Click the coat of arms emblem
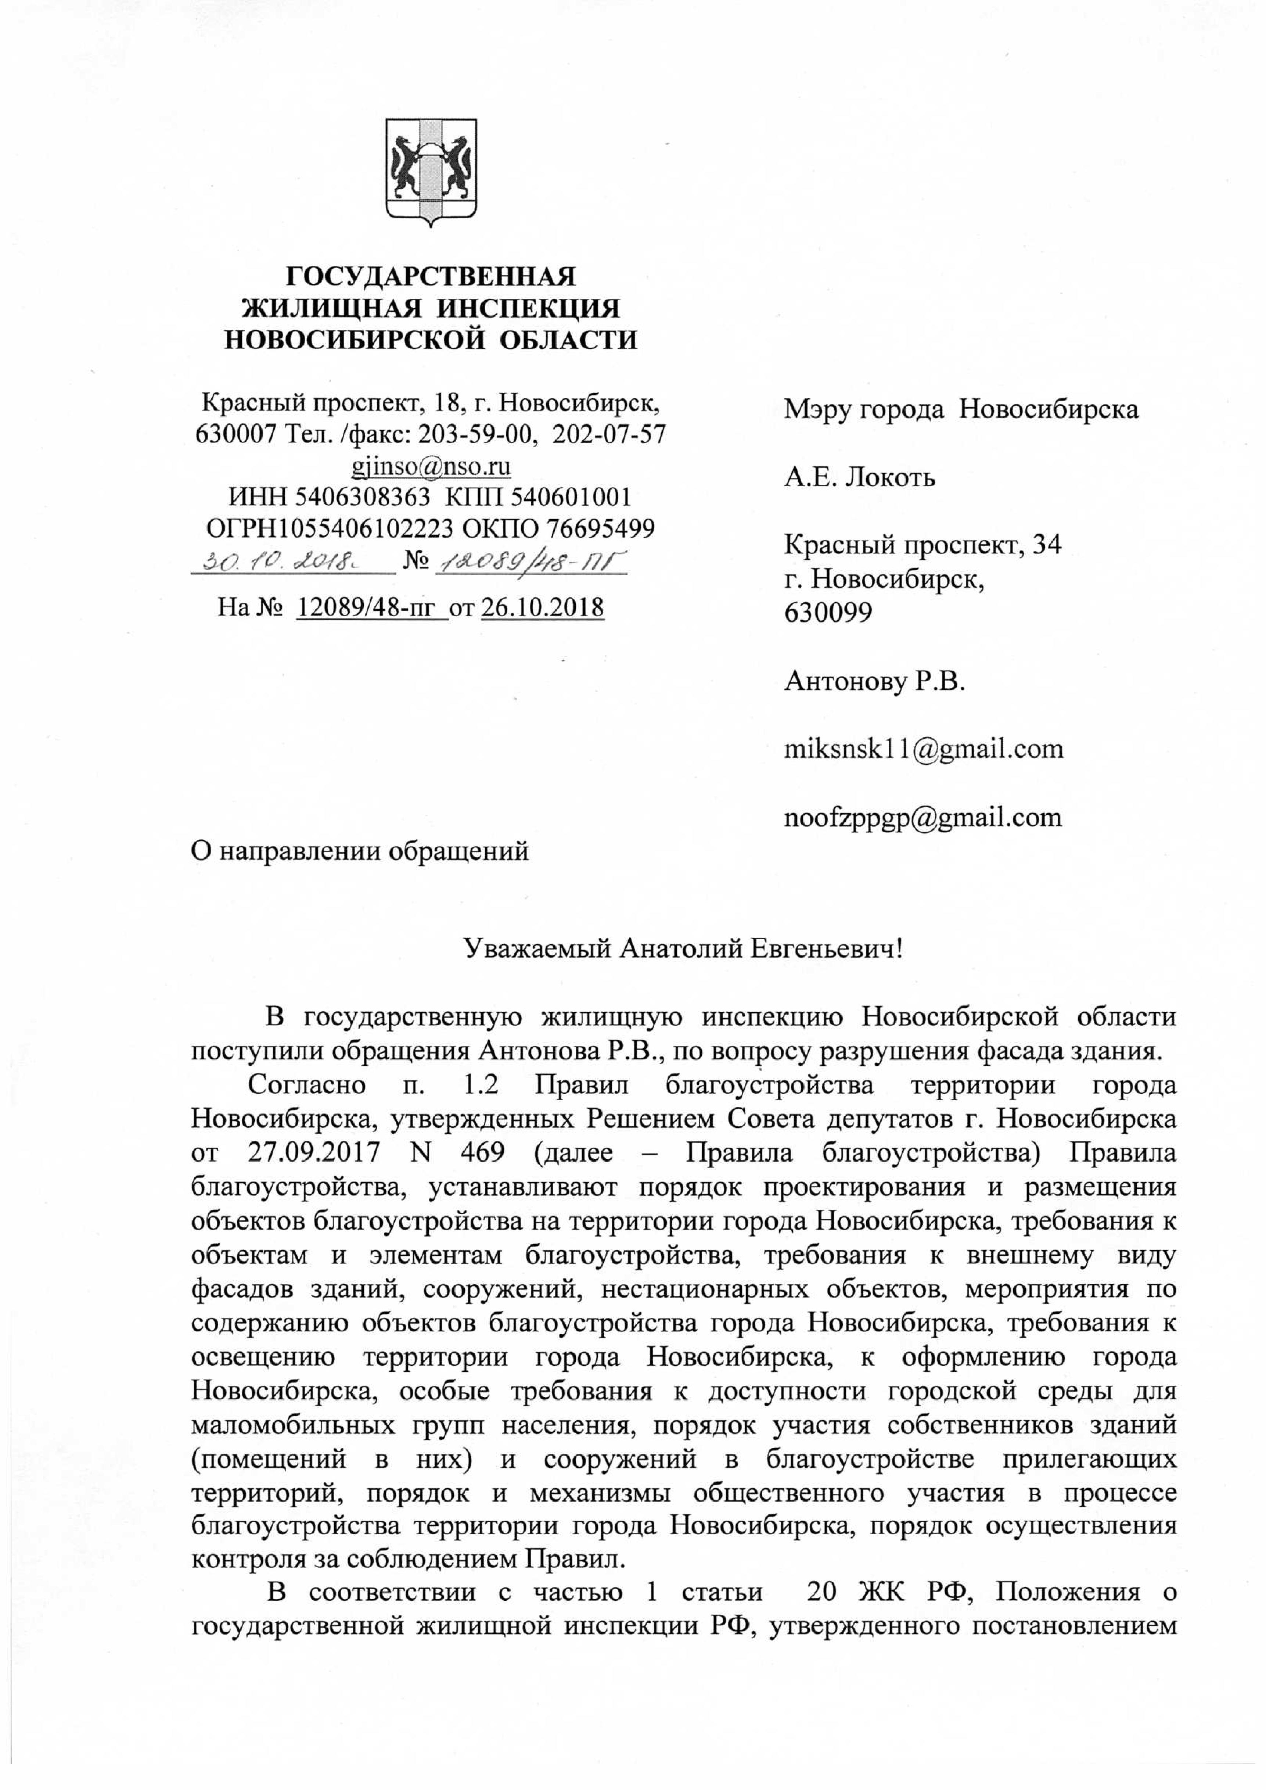431,172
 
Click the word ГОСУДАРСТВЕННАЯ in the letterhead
431,277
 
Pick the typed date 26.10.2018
543,607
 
